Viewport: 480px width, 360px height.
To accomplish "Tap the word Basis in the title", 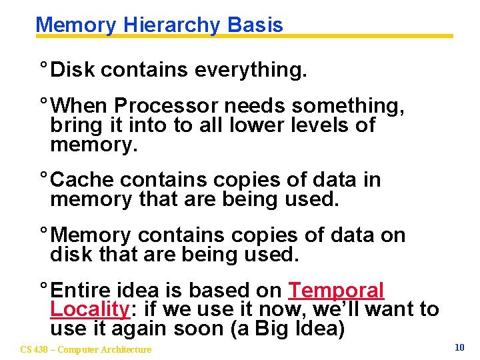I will [255, 25].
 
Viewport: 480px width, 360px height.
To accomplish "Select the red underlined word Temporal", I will [336, 291].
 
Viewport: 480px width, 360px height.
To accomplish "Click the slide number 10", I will [459, 347].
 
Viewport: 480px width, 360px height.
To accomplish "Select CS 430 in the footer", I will [33, 349].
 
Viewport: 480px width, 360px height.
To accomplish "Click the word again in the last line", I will [140, 329].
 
